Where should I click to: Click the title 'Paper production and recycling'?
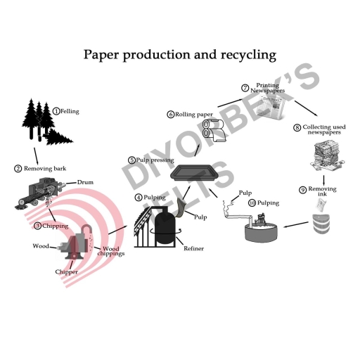pos(180,54)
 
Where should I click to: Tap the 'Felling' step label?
pos(70,110)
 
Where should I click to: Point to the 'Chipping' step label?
pos(53,226)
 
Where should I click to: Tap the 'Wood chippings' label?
pos(112,251)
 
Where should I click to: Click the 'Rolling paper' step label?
pos(193,114)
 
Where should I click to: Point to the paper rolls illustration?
pos(212,130)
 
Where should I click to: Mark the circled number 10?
pos(252,203)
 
